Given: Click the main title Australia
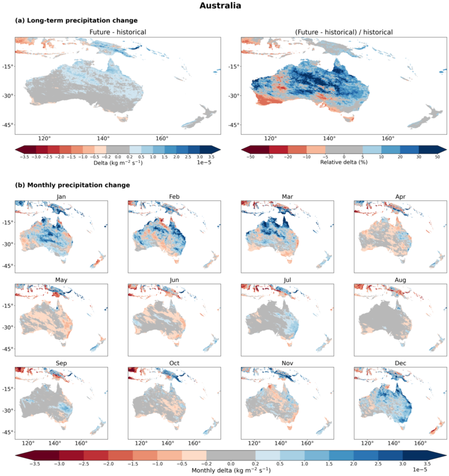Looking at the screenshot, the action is pos(220,6).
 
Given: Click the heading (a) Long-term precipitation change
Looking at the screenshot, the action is pos(76,20).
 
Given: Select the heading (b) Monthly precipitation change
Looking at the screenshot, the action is pos(72,185).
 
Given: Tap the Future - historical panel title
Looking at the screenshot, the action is pos(118,32).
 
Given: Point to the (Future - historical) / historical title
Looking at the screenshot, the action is pos(344,32).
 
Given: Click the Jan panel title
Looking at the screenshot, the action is pos(61,196).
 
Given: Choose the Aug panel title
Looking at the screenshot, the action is pos(400,280).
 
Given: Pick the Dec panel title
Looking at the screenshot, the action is pos(400,363).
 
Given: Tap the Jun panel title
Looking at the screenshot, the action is pos(174,280).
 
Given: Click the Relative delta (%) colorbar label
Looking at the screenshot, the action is pos(344,162).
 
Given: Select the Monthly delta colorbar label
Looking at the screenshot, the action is pos(231,470).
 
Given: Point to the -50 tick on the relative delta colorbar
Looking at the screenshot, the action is pos(250,157).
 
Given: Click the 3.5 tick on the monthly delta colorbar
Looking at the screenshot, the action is pos(427,464).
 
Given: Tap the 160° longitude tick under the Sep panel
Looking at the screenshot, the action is pos(81,443).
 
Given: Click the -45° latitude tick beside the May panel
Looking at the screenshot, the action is pos(8,349).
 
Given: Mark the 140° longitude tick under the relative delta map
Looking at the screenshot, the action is pos(329,139).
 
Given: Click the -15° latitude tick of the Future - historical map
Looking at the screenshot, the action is pos(8,66).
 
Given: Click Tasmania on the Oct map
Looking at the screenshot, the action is pos(176,428).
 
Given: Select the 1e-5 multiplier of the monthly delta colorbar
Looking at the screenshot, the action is pos(420,470).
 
